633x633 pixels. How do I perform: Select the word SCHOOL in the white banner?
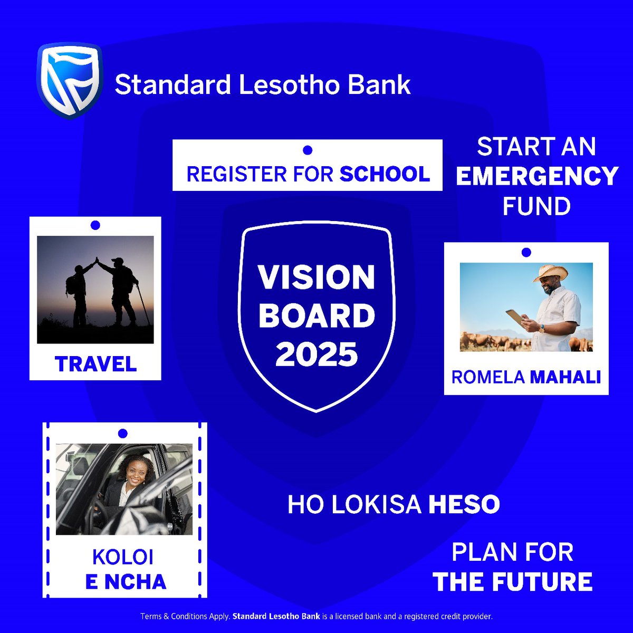(385, 174)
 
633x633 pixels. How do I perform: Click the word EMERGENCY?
(536, 176)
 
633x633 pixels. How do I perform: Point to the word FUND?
(536, 206)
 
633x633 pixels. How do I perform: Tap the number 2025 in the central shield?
(316, 354)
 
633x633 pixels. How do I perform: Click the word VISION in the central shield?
(316, 277)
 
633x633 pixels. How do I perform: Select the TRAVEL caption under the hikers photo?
(95, 363)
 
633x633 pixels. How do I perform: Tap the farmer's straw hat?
(550, 273)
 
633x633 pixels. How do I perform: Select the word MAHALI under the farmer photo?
(565, 377)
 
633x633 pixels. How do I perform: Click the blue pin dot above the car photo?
(123, 434)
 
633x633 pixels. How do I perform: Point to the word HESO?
(464, 505)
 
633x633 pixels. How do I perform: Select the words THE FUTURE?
(512, 581)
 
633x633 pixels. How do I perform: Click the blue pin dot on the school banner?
(308, 150)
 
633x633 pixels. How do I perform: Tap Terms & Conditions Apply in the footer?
(185, 616)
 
